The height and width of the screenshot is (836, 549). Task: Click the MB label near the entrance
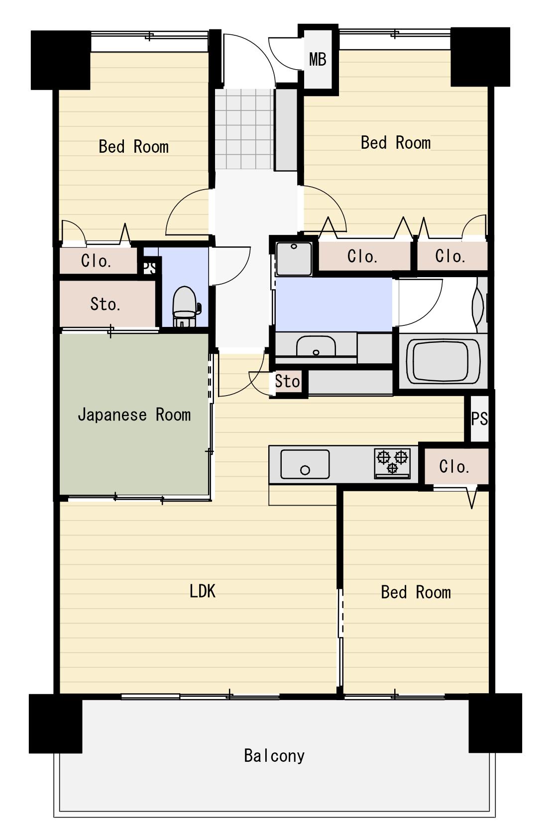coord(318,59)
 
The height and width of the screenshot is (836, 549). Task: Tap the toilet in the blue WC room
coord(184,306)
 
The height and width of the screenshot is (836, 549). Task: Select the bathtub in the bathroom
coord(442,361)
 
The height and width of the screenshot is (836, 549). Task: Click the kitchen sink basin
coord(305,464)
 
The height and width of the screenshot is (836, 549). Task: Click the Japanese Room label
coord(134,415)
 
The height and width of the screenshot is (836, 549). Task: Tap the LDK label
coord(202,591)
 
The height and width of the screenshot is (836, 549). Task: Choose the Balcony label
coord(274,756)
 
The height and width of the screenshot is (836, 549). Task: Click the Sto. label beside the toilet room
coord(105,304)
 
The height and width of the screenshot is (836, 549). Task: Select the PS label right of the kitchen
coord(480,418)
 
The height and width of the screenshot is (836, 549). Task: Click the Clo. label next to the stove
coord(454,467)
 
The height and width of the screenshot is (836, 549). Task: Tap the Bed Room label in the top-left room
coord(133,146)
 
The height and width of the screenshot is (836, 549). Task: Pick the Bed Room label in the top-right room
coord(396,142)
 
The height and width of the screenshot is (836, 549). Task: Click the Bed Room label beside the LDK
coord(416,592)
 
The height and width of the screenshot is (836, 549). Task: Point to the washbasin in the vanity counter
coord(316,346)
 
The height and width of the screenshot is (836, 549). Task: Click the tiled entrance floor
coord(244,129)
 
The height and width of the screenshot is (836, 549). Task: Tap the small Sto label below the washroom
coord(287,381)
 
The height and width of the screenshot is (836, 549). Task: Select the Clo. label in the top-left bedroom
coord(96,261)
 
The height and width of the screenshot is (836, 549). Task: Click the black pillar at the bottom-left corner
coord(55,724)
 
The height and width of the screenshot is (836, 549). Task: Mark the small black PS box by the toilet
coord(150,268)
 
